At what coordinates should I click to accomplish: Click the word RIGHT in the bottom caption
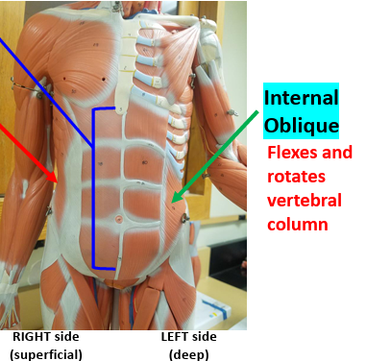(x=33, y=337)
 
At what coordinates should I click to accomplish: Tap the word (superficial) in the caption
(x=45, y=354)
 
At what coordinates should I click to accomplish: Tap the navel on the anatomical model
(x=119, y=220)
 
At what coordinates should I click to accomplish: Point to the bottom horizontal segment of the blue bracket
(x=105, y=267)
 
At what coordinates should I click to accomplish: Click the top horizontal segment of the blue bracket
(x=105, y=108)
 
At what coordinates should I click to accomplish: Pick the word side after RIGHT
(x=65, y=337)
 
